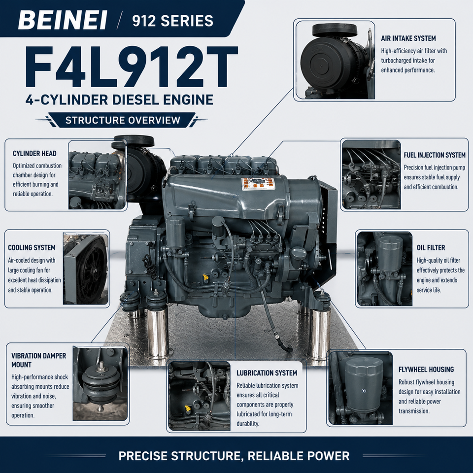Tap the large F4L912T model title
coord(131,67)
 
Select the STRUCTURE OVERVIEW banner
coord(123,120)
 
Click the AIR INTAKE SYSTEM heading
coord(408,38)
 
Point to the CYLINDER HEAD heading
coord(34,153)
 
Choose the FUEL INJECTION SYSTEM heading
coord(435,155)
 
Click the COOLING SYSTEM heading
coord(32,248)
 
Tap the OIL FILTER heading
coord(431,248)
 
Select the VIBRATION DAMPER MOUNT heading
coord(38,360)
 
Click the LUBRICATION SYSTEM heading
coord(267,373)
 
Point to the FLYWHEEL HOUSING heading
coord(426,370)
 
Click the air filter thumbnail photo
coord(335,60)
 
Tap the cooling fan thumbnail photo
coord(86,269)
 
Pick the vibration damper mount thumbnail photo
coord(100,383)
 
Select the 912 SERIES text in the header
coord(172,21)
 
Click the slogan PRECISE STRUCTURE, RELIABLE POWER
coord(234,456)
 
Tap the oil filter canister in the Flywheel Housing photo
coord(363,385)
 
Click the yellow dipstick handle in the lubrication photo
coord(188,409)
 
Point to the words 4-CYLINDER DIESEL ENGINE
coord(119,100)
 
